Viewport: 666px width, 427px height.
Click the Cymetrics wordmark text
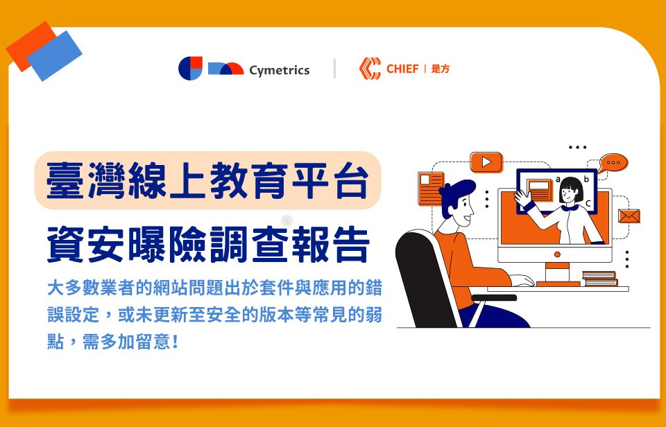[280, 71]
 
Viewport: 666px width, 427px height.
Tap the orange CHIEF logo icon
[370, 69]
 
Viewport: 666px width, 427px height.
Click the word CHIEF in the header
[402, 69]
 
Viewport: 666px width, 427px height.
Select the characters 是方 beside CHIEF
[440, 69]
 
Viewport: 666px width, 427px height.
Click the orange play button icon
[486, 162]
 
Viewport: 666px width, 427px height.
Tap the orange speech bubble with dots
[613, 164]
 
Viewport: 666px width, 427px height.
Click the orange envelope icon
[629, 216]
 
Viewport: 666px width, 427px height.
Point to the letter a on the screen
[558, 179]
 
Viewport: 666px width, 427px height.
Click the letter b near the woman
[587, 179]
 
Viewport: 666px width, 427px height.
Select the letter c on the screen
[588, 204]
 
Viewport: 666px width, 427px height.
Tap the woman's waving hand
[522, 198]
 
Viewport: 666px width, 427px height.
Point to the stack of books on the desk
[599, 279]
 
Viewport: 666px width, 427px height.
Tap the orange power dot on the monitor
[557, 254]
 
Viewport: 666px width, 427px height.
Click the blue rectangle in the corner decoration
[54, 55]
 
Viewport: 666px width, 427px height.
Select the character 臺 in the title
[64, 181]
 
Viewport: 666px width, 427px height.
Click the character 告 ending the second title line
[351, 245]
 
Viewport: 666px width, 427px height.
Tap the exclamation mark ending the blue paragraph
[175, 342]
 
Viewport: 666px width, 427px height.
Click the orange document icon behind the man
[431, 189]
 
